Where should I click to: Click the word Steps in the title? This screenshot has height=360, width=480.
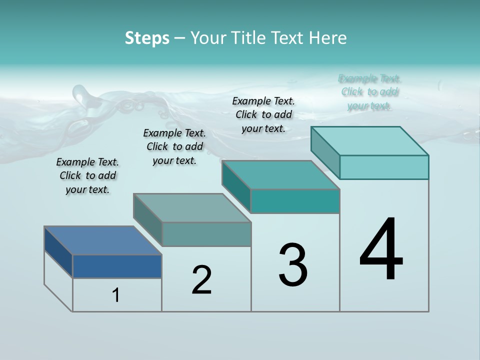(147, 38)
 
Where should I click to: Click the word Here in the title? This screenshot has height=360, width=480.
(327, 38)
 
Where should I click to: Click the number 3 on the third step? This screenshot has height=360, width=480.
(293, 265)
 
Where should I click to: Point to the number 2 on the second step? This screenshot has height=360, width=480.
(201, 280)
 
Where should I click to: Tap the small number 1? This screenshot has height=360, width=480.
(116, 295)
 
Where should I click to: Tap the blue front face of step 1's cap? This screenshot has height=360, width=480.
(117, 266)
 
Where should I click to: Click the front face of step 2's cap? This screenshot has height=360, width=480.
(206, 234)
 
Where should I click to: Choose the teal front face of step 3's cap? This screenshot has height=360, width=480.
(295, 201)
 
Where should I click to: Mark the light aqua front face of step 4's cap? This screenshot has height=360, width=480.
(384, 167)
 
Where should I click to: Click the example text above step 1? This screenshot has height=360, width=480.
(87, 175)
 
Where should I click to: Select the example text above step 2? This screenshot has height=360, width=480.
(174, 146)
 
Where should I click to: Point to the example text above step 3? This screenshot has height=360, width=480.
(263, 114)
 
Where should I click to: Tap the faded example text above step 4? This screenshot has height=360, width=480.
(369, 92)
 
